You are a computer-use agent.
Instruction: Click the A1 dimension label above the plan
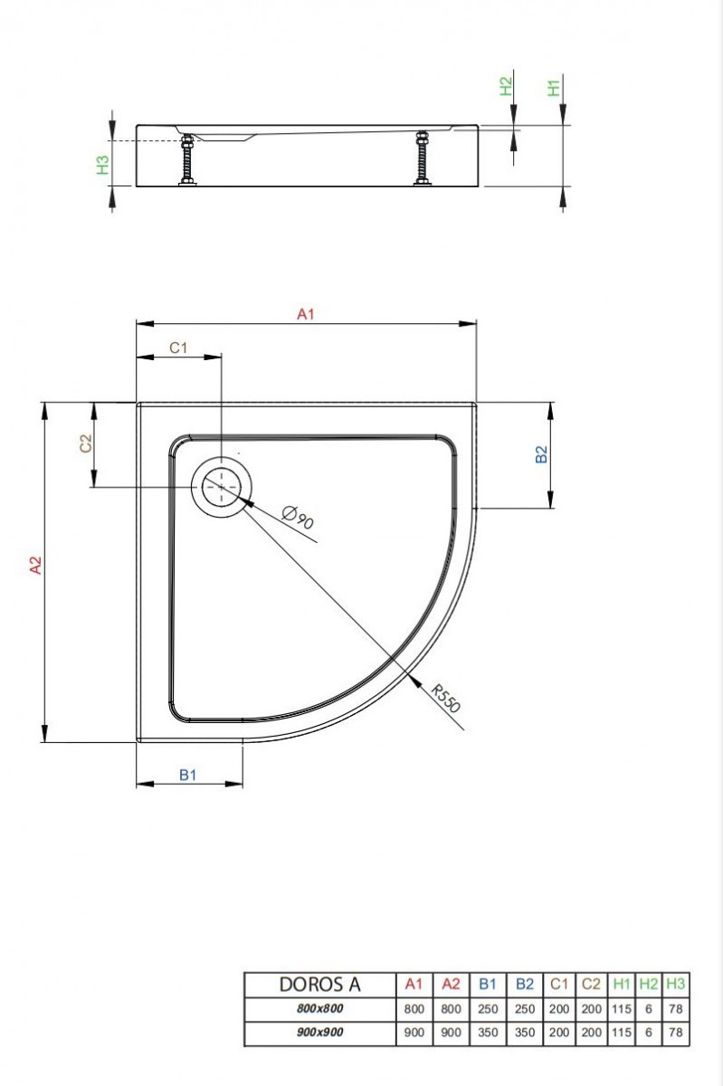pyautogui.click(x=306, y=313)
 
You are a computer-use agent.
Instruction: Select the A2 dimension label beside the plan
pyautogui.click(x=35, y=566)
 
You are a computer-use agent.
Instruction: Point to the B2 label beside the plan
pyautogui.click(x=541, y=454)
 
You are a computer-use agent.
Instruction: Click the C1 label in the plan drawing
pyautogui.click(x=178, y=348)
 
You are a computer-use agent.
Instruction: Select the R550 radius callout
pyautogui.click(x=445, y=699)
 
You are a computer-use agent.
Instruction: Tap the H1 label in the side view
pyautogui.click(x=555, y=88)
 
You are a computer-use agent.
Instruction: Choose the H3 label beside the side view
pyautogui.click(x=103, y=165)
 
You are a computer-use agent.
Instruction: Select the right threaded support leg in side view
pyautogui.click(x=421, y=160)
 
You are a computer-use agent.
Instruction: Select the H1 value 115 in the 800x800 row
pyautogui.click(x=622, y=1008)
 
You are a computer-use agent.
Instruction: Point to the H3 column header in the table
pyautogui.click(x=675, y=984)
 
